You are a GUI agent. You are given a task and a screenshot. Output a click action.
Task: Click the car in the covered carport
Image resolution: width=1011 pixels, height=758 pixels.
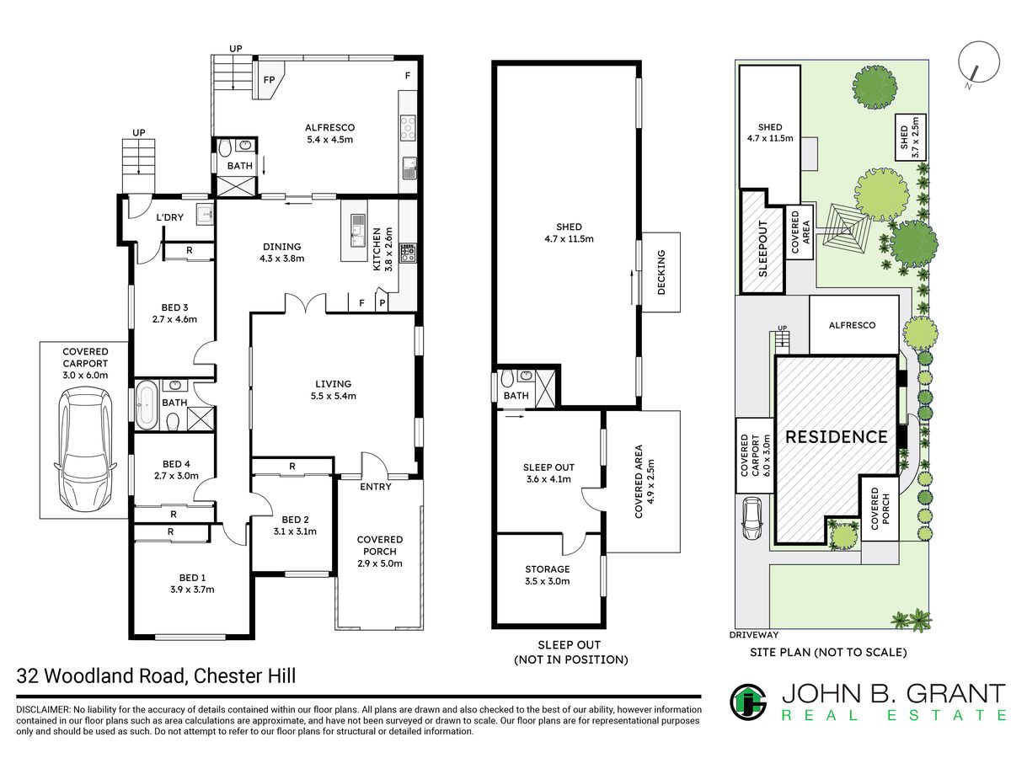(85, 447)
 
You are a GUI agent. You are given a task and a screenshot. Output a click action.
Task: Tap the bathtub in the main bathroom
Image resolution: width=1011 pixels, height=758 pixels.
(147, 405)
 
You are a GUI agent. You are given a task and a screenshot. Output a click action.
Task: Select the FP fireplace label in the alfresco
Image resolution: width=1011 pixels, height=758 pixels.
(269, 80)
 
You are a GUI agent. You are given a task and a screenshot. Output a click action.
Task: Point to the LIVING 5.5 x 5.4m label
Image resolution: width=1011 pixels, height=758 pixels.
(333, 389)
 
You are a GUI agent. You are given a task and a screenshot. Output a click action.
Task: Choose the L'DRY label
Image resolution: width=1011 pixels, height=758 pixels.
(169, 217)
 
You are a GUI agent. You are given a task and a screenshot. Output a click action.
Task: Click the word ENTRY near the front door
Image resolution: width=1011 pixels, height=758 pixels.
(376, 487)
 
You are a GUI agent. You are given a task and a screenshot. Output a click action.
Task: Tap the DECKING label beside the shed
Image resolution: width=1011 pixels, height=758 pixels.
(661, 272)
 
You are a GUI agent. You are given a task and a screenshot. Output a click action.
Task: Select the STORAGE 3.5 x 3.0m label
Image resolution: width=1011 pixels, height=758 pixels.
(547, 575)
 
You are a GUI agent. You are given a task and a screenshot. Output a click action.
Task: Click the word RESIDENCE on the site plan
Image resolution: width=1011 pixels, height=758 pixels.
(836, 437)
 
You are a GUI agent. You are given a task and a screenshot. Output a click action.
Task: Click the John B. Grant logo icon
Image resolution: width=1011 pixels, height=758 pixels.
(748, 702)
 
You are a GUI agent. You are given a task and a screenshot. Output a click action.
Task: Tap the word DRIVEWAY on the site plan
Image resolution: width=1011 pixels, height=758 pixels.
(754, 635)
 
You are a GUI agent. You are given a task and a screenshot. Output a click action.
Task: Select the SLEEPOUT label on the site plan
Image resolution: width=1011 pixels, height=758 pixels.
(762, 249)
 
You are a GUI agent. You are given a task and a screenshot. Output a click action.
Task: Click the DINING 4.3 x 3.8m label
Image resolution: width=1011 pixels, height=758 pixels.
(282, 252)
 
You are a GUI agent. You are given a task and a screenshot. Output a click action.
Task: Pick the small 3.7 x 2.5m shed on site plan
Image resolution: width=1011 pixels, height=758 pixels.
(910, 137)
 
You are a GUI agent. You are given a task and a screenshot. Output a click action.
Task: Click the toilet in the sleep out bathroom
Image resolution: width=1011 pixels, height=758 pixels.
(507, 378)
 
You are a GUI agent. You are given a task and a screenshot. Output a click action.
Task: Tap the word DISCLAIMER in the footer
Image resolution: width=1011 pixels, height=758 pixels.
(43, 709)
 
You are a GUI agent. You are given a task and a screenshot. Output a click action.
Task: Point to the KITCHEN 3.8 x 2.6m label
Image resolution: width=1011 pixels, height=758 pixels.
(382, 249)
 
